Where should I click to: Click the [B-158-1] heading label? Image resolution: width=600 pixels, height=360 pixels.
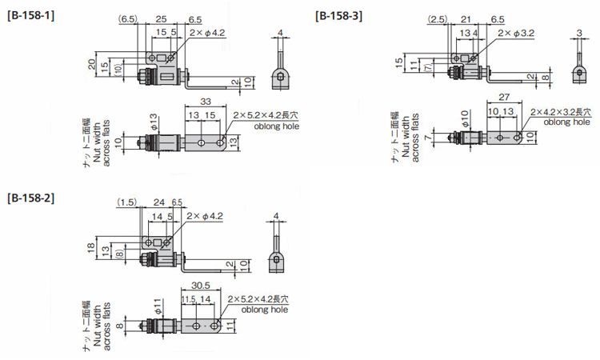click(31, 16)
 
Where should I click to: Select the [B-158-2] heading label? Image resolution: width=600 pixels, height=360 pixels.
click(31, 198)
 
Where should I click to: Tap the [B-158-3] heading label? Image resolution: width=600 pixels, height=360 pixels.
click(339, 16)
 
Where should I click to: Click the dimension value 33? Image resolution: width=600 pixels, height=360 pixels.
click(206, 102)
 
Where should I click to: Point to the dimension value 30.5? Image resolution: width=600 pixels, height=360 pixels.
click(201, 286)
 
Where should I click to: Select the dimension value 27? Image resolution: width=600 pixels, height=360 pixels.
click(504, 97)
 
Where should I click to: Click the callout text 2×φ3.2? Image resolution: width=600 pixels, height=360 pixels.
click(516, 33)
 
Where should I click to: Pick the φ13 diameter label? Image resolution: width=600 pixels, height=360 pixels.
click(153, 122)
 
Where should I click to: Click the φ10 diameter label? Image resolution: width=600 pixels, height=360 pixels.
click(464, 118)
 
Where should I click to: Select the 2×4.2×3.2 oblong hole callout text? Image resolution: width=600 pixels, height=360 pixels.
click(561, 112)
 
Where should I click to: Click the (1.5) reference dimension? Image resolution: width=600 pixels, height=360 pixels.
click(127, 202)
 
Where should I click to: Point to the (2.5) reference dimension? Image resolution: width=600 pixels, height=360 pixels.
click(438, 19)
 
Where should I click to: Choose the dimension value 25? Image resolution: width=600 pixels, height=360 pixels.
click(161, 19)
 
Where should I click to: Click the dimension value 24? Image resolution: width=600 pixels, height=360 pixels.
click(159, 202)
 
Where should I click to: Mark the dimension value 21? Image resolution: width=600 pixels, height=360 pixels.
click(466, 19)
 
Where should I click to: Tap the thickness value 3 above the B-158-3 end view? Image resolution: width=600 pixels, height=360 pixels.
click(579, 34)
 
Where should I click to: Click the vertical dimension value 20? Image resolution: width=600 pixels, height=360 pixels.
click(92, 64)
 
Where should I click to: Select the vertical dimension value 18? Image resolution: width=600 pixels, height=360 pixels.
click(91, 247)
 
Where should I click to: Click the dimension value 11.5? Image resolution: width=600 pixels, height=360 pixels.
click(189, 299)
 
